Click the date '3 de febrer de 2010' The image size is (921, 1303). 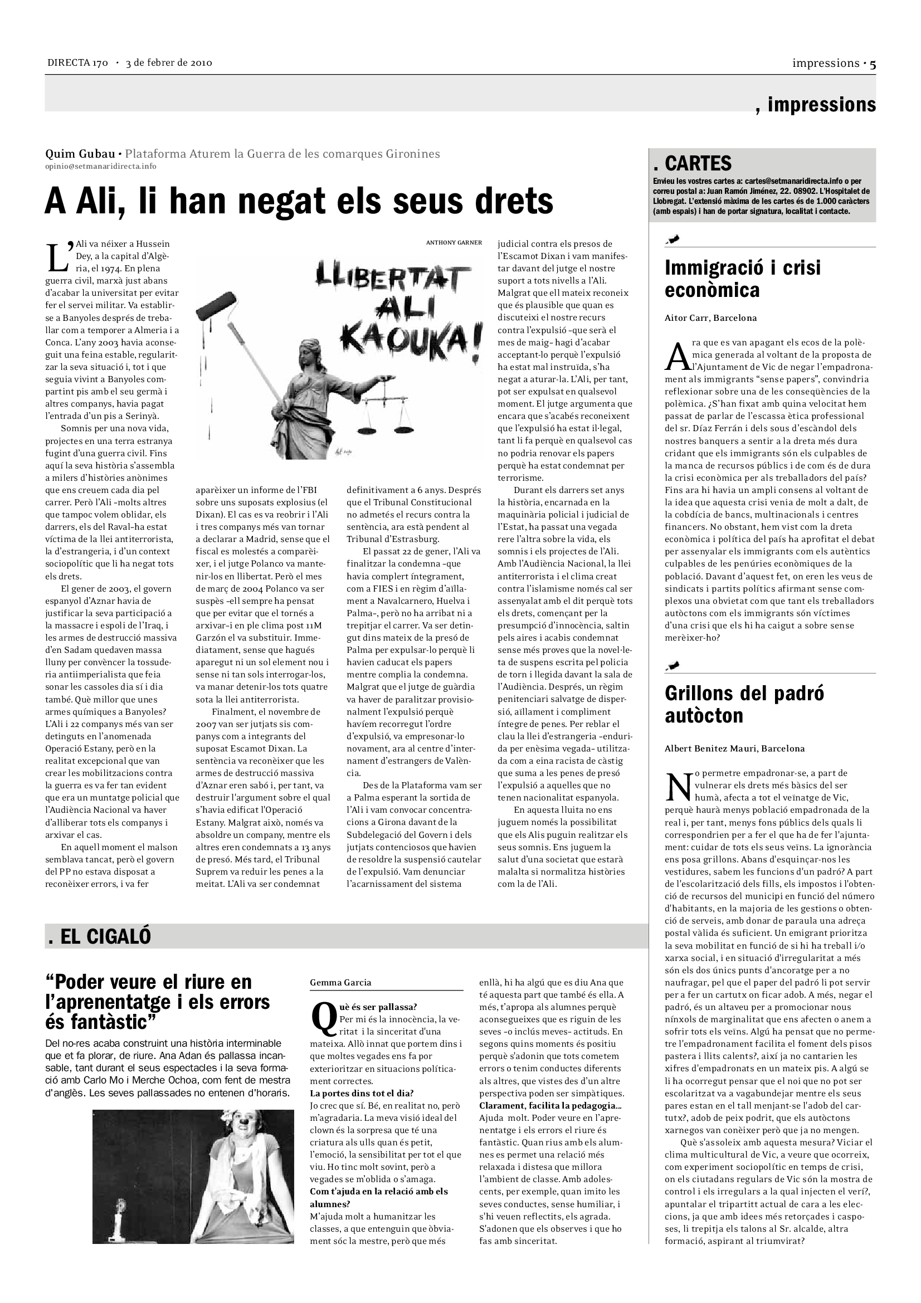tap(169, 63)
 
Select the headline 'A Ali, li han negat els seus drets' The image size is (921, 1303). tap(299, 201)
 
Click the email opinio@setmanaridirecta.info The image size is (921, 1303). tap(100, 166)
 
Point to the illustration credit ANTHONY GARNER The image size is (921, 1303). tap(454, 242)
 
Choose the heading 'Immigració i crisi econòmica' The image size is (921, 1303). tap(742, 279)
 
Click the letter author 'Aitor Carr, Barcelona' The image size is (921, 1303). tap(710, 318)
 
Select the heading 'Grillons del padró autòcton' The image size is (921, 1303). tap(744, 704)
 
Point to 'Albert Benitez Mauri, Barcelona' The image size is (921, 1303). tap(734, 749)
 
